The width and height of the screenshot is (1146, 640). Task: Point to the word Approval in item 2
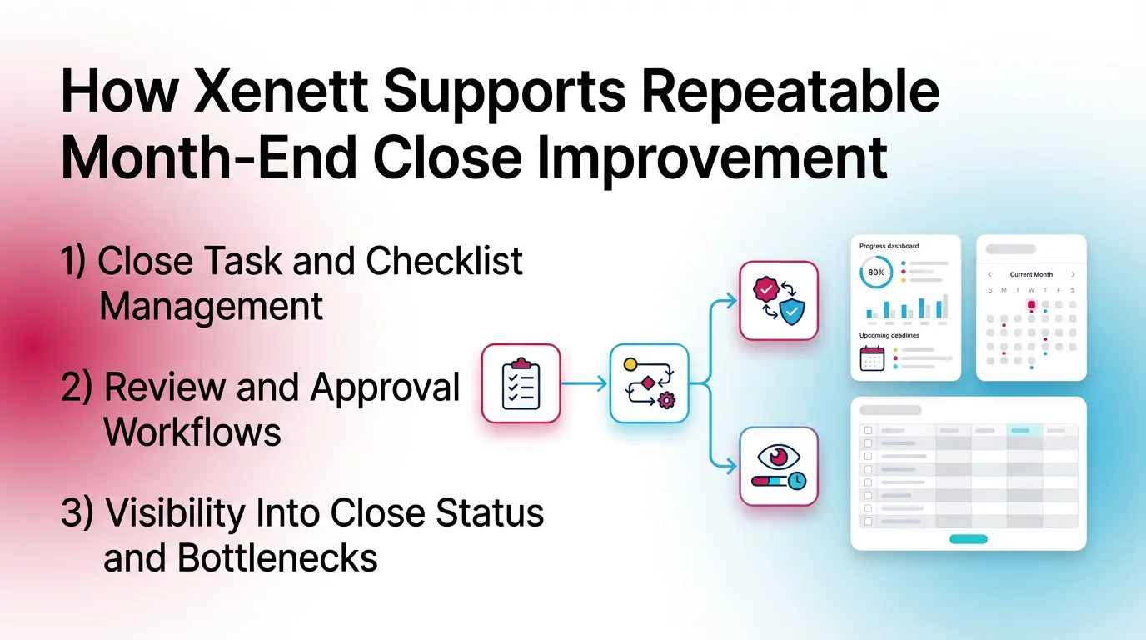tap(386, 387)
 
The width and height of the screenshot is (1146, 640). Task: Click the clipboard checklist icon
tap(521, 383)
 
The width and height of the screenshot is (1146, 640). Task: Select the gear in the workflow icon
tap(665, 401)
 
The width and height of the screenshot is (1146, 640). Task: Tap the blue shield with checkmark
tap(792, 312)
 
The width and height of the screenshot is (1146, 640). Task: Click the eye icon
tap(779, 456)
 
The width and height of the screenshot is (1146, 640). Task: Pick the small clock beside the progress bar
tap(797, 480)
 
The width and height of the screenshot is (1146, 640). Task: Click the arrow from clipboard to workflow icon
tap(585, 383)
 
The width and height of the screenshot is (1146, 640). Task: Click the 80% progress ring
tap(876, 272)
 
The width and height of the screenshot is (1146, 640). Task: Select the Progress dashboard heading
tap(889, 247)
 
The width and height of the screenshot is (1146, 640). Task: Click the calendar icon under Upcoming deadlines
tap(871, 358)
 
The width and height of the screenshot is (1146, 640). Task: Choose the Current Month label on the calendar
tap(1031, 274)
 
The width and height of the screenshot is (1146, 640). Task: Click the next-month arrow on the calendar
tap(1073, 274)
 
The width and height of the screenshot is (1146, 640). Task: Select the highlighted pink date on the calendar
tap(1031, 305)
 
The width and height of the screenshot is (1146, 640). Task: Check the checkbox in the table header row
tap(869, 430)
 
